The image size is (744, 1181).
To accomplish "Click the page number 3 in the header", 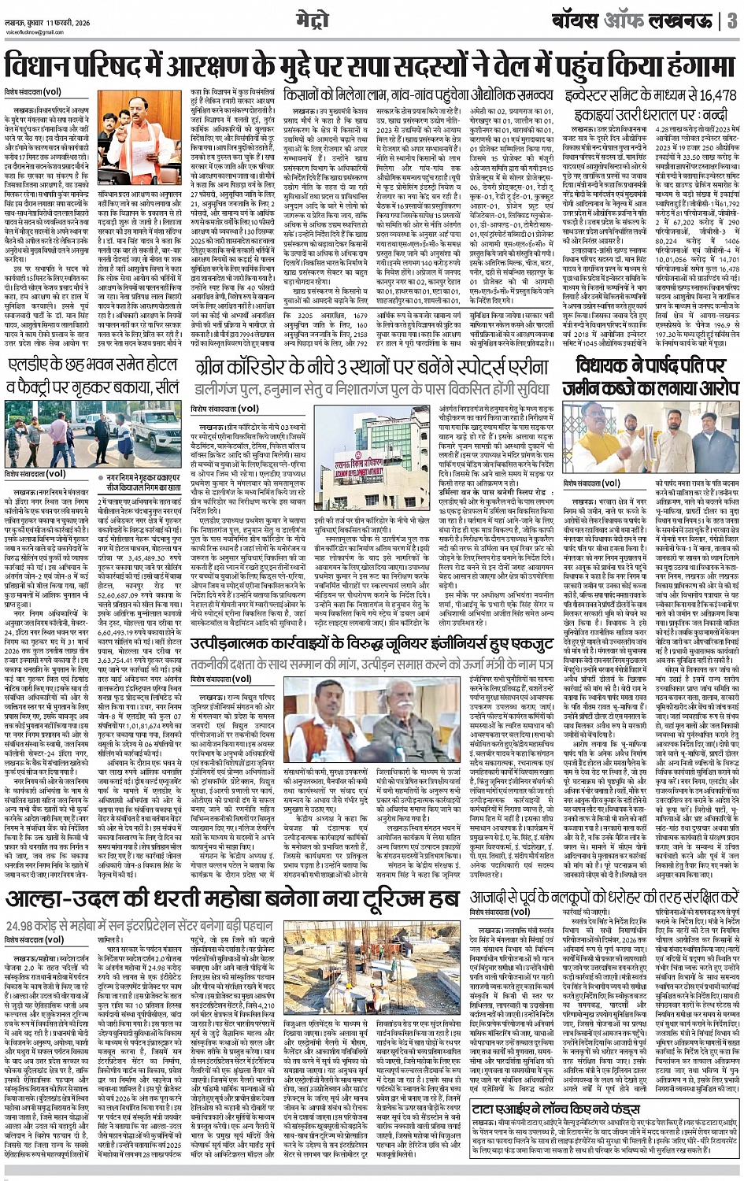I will (731, 20).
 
